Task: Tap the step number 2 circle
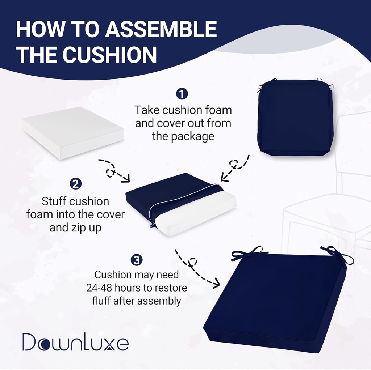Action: click(x=75, y=184)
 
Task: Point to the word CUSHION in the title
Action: click(x=109, y=55)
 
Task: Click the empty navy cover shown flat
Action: click(x=295, y=118)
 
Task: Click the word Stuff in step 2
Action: click(x=54, y=201)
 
